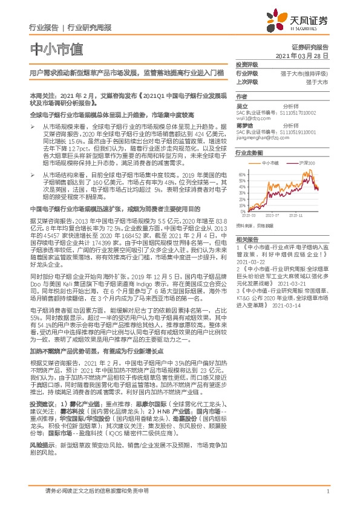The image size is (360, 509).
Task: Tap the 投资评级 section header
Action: (x=247, y=65)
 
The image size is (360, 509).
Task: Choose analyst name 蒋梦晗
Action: (x=244, y=125)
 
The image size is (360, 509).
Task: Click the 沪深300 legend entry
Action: (x=306, y=163)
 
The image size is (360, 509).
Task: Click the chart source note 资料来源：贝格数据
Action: (x=252, y=225)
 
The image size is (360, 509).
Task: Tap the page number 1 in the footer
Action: (x=327, y=491)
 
